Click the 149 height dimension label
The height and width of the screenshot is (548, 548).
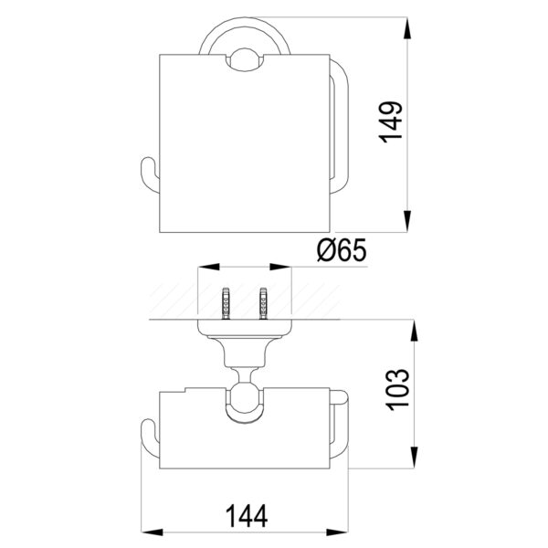(x=391, y=122)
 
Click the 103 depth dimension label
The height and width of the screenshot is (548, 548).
(x=397, y=389)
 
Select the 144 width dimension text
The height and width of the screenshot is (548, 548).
(x=247, y=515)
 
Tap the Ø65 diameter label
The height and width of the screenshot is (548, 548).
(x=342, y=250)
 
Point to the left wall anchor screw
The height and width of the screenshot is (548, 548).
(x=227, y=303)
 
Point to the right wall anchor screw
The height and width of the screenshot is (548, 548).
(x=263, y=303)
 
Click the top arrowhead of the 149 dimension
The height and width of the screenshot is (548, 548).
(x=407, y=28)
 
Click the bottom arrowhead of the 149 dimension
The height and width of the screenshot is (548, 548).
(x=407, y=221)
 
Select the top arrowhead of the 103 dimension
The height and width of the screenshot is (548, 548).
(x=414, y=331)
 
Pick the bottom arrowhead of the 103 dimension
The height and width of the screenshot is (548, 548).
(x=414, y=458)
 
